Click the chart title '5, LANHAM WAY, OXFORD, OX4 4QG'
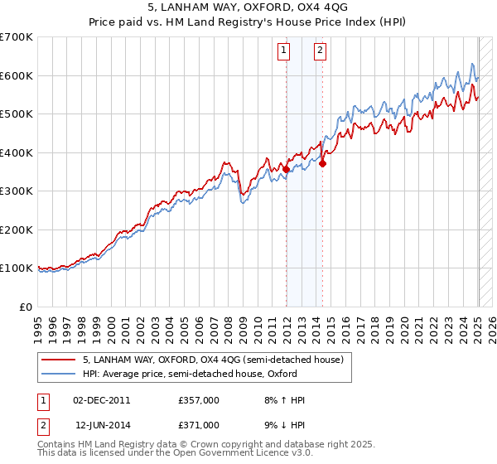coord(248,8)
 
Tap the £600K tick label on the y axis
coord(17,75)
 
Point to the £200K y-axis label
coord(17,230)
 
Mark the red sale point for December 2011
coord(287,169)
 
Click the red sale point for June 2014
coord(323,164)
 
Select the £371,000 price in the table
coord(199,424)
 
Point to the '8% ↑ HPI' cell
coord(282,400)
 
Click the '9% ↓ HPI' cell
coord(282,424)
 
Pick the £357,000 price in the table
coord(199,400)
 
